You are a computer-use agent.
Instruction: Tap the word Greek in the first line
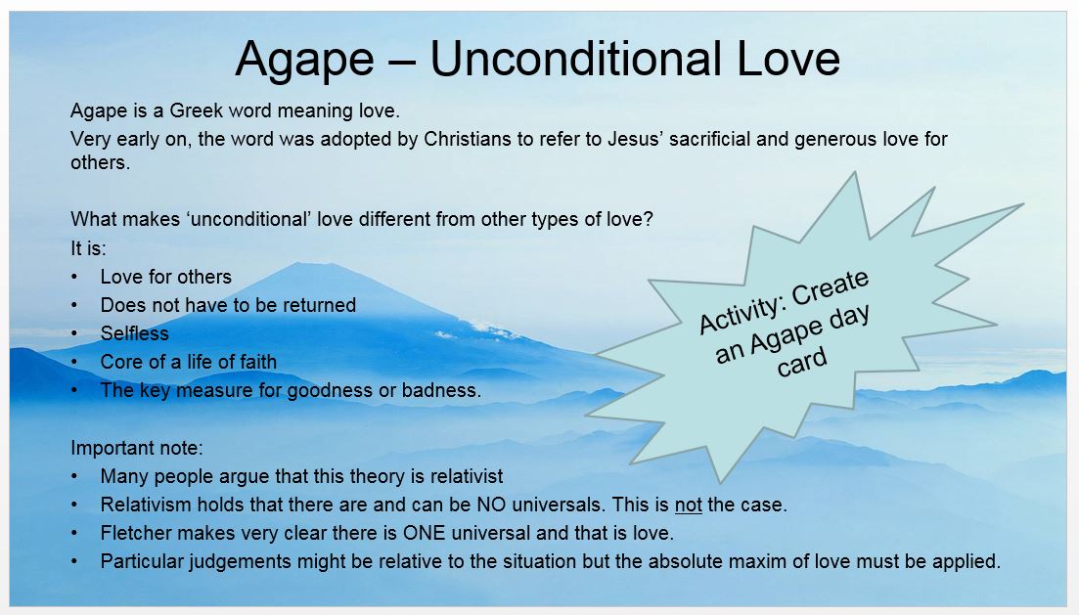(196, 110)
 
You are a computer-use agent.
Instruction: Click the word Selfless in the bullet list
(134, 333)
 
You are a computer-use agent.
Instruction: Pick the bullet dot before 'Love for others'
(74, 278)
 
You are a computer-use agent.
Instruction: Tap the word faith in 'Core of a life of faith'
(255, 362)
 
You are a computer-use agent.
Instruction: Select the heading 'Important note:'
(136, 448)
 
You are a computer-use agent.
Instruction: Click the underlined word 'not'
(688, 505)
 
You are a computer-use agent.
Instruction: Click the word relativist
(467, 476)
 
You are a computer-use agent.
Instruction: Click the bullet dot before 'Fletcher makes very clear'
(74, 534)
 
